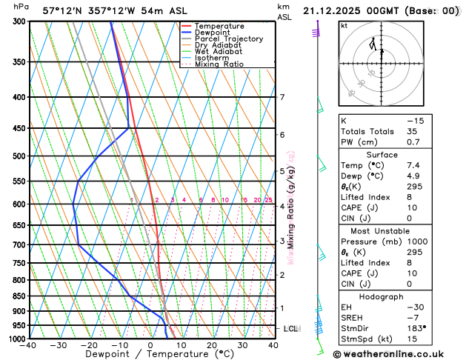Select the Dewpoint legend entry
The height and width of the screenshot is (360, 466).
(x=213, y=33)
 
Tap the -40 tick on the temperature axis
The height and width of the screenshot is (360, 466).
(x=29, y=345)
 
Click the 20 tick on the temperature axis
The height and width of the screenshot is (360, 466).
(x=212, y=345)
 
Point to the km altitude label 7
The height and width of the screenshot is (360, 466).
(x=282, y=97)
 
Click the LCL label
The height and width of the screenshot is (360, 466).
(x=291, y=328)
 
